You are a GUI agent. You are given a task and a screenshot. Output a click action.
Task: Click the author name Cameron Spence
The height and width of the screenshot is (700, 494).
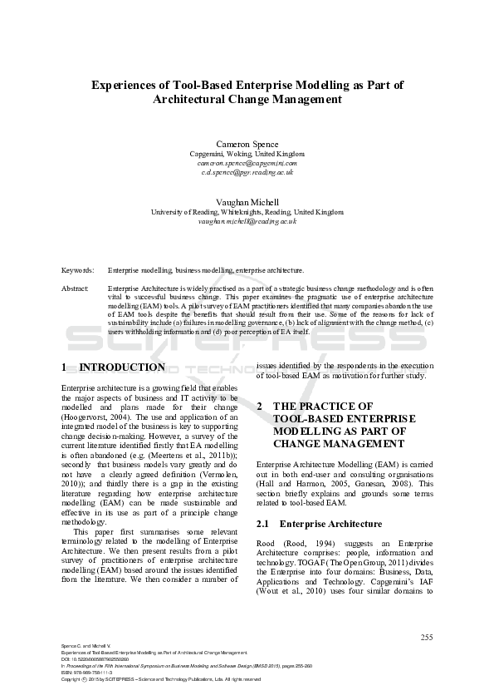247,143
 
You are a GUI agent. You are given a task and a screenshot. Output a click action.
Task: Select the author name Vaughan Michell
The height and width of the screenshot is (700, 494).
247,202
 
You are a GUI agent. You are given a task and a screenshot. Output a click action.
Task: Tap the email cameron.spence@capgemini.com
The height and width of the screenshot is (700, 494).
247,163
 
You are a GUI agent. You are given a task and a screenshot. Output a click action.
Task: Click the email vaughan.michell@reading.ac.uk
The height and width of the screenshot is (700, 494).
247,222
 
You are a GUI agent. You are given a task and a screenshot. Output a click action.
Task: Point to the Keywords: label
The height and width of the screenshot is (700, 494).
77,271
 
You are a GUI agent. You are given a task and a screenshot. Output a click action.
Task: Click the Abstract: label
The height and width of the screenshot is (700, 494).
76,288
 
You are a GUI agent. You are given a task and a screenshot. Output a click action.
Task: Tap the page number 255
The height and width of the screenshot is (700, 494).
427,638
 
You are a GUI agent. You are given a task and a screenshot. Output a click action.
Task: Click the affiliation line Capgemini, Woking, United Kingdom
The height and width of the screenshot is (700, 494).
247,154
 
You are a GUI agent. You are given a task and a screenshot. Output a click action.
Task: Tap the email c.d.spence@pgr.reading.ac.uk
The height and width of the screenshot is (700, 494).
247,172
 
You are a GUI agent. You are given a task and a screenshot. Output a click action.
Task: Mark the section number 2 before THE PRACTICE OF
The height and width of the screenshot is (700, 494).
260,407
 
